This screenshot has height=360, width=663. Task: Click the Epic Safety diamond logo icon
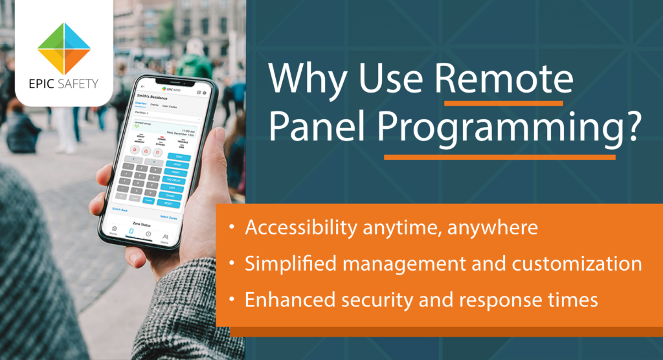[63, 48]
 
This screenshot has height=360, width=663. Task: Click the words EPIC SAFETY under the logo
[63, 85]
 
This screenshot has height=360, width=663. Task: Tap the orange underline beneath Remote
[503, 103]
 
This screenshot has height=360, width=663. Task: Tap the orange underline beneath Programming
[499, 157]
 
